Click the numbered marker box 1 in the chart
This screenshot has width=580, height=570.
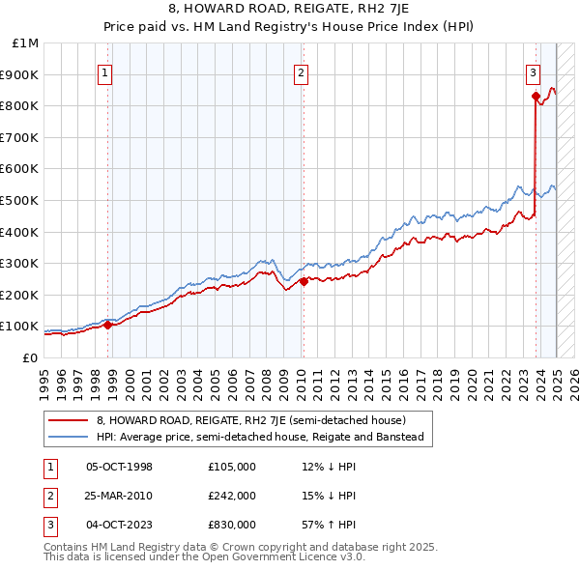pyautogui.click(x=103, y=71)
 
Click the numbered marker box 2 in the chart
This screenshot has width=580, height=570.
pyautogui.click(x=301, y=71)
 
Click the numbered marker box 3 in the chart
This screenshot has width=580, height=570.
pyautogui.click(x=533, y=71)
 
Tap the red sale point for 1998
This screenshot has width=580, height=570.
pyautogui.click(x=107, y=325)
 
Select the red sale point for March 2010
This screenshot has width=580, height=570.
pyautogui.click(x=304, y=282)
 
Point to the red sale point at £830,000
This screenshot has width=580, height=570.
pyautogui.click(x=536, y=96)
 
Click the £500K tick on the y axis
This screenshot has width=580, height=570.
pyautogui.click(x=21, y=200)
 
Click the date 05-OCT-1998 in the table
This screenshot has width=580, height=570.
pyautogui.click(x=119, y=467)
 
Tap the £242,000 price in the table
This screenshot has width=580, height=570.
pyautogui.click(x=231, y=496)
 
